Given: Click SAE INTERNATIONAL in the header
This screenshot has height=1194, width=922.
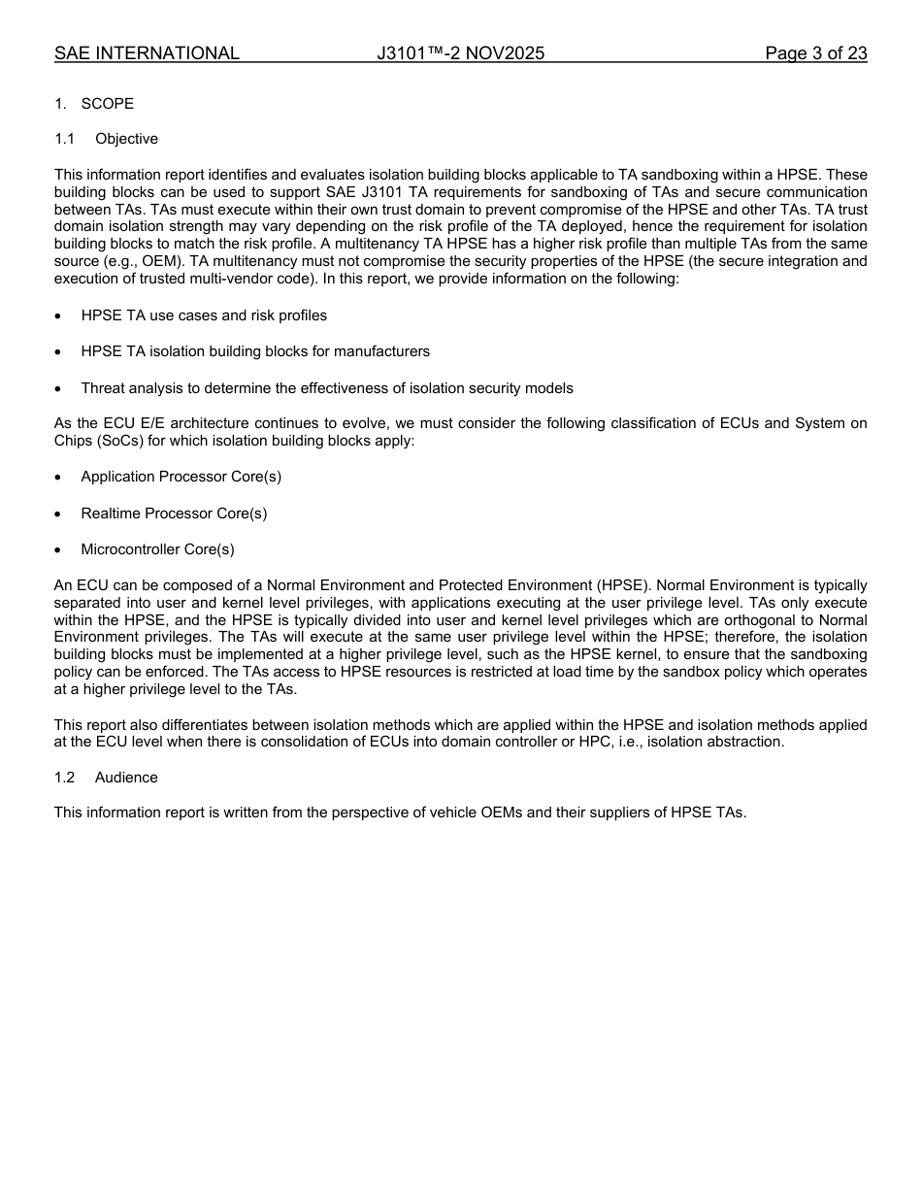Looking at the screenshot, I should (147, 53).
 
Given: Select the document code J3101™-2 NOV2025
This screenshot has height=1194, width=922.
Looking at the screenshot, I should (461, 53).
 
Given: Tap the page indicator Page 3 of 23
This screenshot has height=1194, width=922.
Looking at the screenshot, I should (815, 53).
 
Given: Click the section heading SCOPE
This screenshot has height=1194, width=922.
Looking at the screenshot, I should (108, 104).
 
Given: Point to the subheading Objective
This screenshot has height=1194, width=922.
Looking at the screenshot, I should (126, 139).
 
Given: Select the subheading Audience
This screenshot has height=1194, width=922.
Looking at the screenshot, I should (126, 778).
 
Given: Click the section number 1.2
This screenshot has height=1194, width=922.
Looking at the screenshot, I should (64, 778).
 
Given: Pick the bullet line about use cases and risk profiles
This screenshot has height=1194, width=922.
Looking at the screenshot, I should (204, 315).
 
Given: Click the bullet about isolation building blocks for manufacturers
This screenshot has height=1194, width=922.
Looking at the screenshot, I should (255, 351).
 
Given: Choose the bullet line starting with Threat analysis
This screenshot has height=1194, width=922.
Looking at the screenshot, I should (326, 388).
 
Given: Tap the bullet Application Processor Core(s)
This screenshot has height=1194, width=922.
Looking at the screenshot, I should (181, 477).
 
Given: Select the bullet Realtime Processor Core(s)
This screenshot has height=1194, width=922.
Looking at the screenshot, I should (174, 514).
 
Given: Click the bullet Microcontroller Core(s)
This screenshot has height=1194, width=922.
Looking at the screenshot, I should (157, 549).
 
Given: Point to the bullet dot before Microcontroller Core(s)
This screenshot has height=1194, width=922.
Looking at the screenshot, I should (59, 550).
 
